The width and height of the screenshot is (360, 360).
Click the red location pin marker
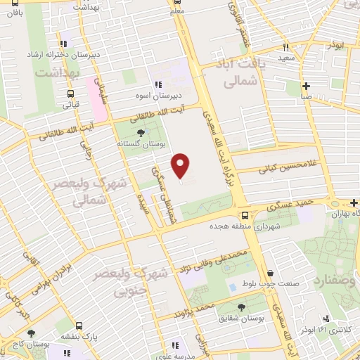(181, 166)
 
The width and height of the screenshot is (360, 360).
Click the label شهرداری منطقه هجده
(244, 227)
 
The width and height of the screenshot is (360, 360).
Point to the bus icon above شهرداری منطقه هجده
(244, 215)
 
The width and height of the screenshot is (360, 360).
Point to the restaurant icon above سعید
(285, 48)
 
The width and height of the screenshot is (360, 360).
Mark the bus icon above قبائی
(70, 94)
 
